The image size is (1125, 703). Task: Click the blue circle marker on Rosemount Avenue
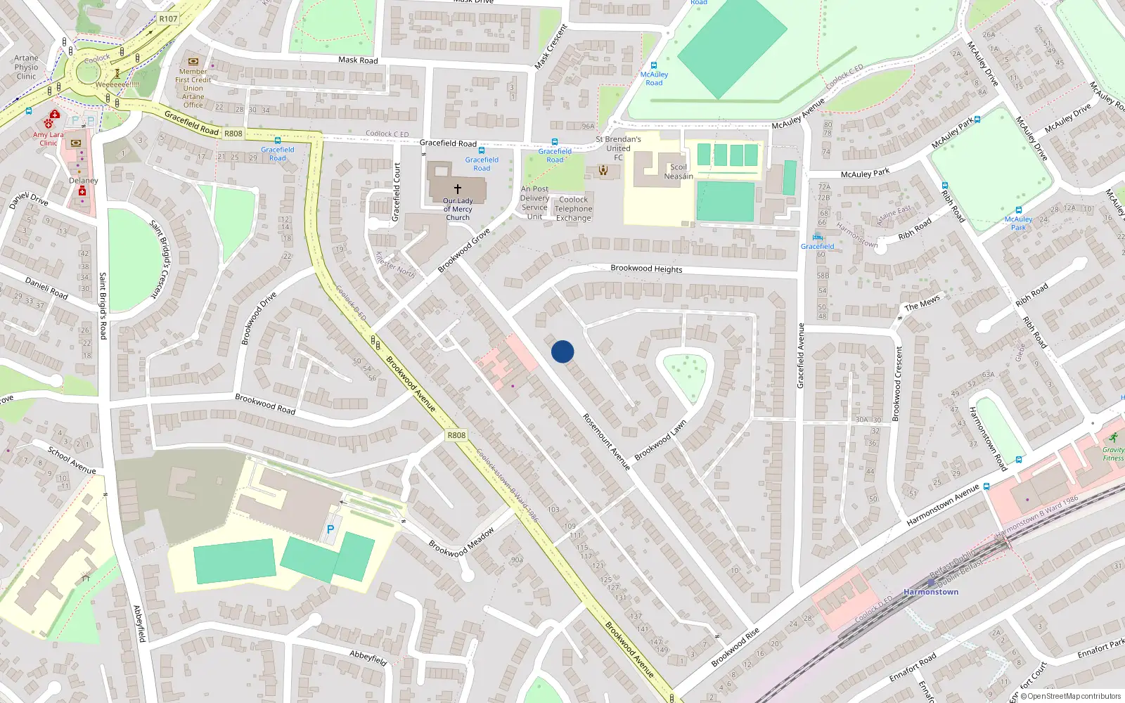pos(562,351)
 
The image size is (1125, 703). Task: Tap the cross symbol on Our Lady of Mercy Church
pos(458,189)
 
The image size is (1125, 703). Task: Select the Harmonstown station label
pos(931,592)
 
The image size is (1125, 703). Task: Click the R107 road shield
pos(168,19)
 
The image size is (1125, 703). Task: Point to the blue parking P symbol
pos(330,529)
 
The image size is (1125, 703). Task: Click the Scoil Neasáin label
pos(679,172)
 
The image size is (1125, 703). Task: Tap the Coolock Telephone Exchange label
pos(574,209)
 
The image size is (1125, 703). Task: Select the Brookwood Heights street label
pos(646,269)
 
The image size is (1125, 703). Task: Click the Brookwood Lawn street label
pos(660,441)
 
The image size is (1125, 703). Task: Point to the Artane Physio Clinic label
pos(26,67)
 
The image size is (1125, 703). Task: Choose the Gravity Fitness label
pos(1113,453)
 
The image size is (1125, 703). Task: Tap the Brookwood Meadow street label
pos(462,542)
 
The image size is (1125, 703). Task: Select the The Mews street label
pos(922,303)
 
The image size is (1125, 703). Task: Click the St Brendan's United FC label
pos(618,148)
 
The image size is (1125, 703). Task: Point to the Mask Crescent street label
pos(551,46)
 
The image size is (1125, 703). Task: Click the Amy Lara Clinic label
pos(48,138)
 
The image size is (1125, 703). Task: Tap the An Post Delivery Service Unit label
pos(534,202)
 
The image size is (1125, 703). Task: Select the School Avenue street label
pos(72,460)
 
